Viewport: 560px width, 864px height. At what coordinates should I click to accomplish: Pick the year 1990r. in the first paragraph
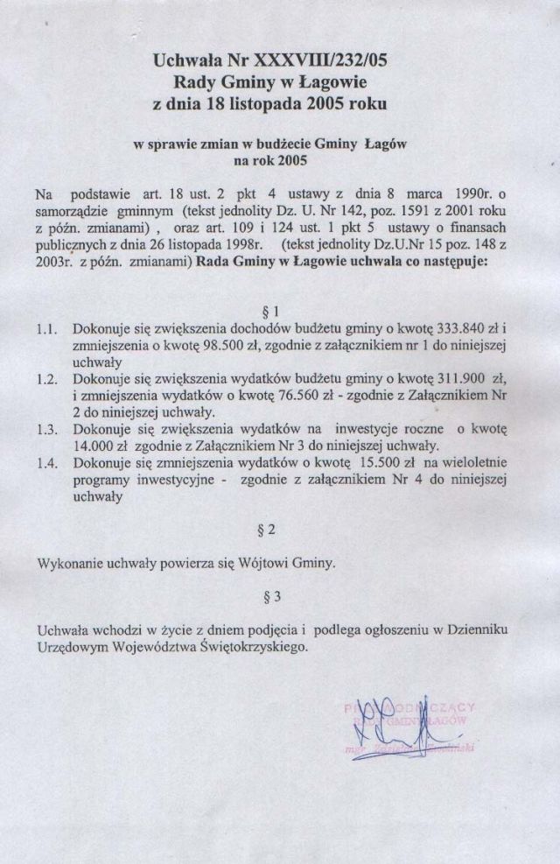coord(493,192)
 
